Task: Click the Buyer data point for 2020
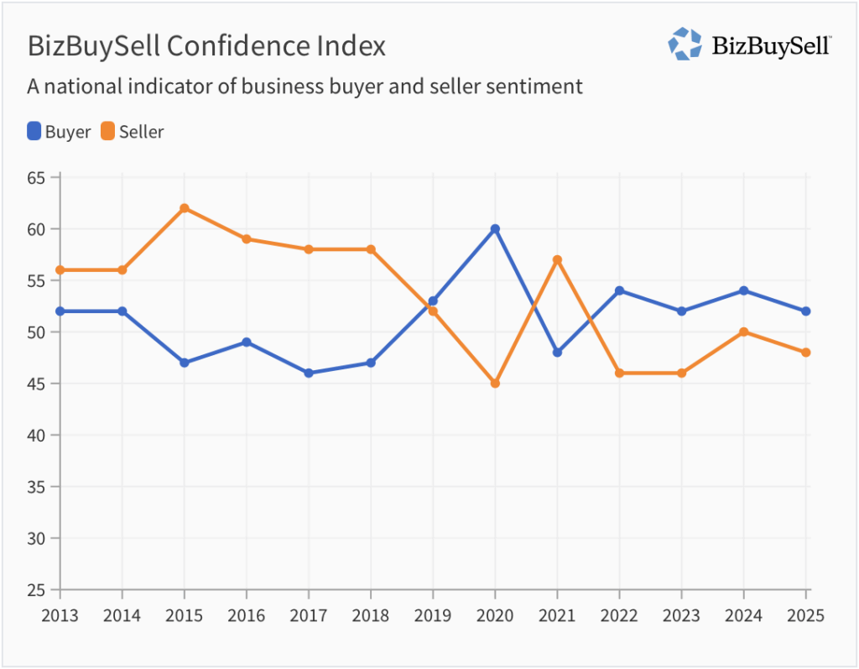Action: pos(495,228)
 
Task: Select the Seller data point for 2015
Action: pos(185,208)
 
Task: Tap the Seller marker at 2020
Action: pos(495,383)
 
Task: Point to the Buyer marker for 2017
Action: pos(309,373)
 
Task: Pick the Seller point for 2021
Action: pos(557,259)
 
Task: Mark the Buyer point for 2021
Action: pos(557,353)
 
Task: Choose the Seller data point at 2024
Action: pos(744,332)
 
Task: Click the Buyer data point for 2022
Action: pos(619,290)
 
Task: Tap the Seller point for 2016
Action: pos(247,238)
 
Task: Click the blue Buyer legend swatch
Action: pos(34,131)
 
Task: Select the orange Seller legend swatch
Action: pos(107,131)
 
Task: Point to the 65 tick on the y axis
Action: pos(36,177)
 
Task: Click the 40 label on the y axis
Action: pos(36,435)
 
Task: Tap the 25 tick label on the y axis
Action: pos(36,589)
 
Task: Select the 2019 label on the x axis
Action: pos(433,615)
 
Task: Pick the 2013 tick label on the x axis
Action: pos(60,615)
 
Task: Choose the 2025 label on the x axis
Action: pos(806,615)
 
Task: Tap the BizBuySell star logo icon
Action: pos(685,44)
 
